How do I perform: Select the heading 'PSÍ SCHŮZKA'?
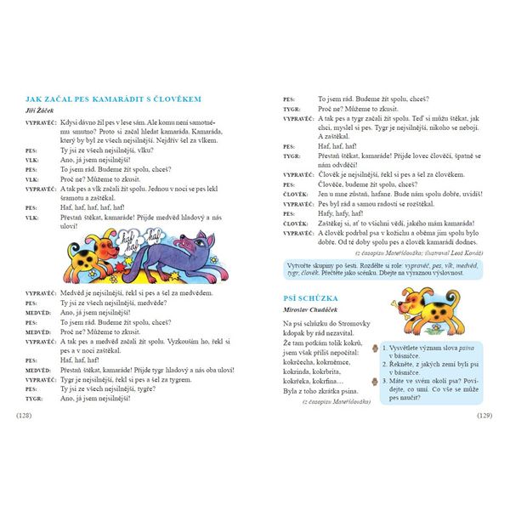[x=311, y=298]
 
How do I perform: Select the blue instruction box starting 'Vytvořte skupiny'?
[x=382, y=274]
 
